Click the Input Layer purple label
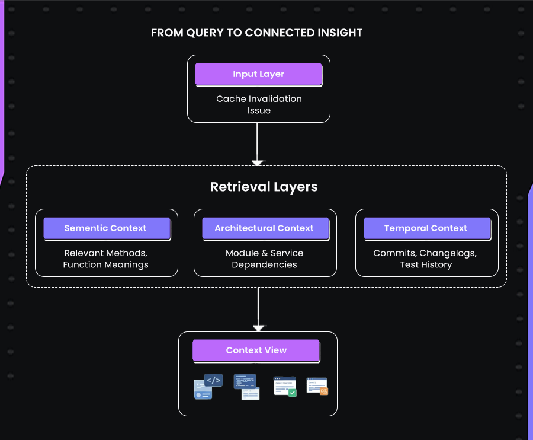(258, 74)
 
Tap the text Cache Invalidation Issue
(259, 104)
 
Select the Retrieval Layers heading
(264, 187)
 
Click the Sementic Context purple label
(105, 228)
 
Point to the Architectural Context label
(264, 228)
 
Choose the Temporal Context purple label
(426, 228)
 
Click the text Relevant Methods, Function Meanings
(105, 259)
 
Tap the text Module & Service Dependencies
(264, 259)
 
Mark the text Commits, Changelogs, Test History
(426, 259)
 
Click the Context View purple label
(256, 350)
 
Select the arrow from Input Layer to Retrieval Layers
(258, 142)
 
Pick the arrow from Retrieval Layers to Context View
(258, 308)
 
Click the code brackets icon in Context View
(213, 380)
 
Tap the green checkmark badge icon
(292, 393)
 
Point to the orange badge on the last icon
(323, 391)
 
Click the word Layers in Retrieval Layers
(296, 187)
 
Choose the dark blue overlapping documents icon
(246, 387)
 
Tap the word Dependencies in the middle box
(264, 264)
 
